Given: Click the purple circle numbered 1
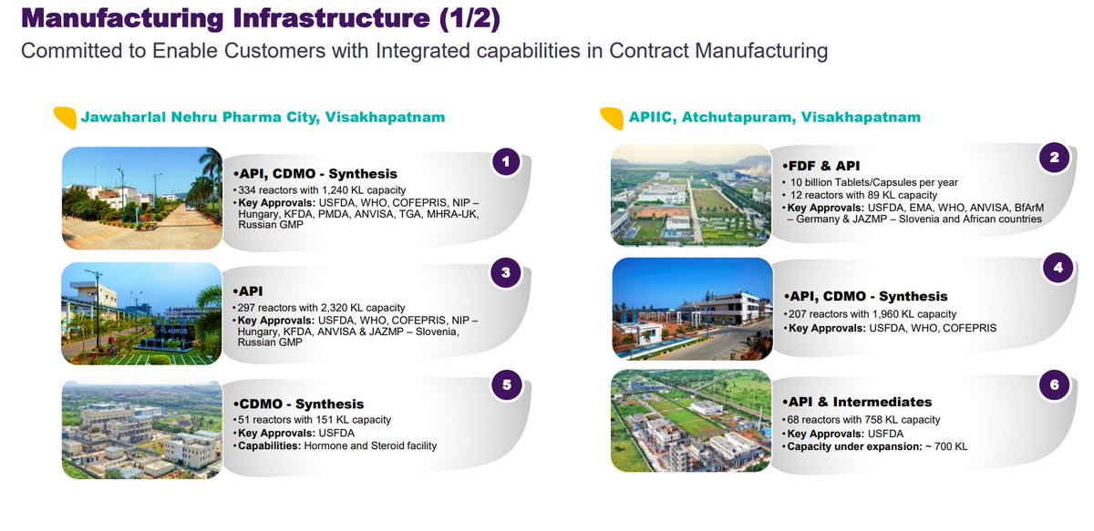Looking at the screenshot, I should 507,163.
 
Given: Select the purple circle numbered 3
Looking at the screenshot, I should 507,272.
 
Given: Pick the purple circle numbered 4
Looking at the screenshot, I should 1057,270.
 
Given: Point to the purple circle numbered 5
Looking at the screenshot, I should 507,384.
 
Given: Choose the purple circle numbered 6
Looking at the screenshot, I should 1055,384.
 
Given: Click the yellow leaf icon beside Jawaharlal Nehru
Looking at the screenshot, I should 64,117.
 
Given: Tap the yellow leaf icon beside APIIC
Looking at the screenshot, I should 611,117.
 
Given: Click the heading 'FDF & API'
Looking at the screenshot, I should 822,167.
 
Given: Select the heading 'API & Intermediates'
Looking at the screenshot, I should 858,402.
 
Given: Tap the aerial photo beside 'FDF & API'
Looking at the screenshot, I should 690,194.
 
